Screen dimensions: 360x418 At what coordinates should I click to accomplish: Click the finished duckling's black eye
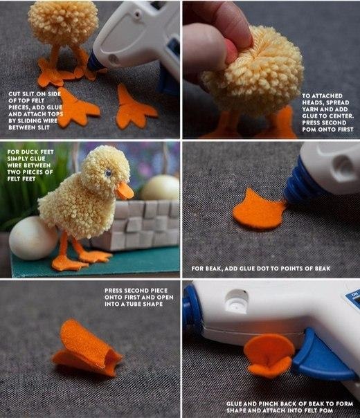pos(108,174)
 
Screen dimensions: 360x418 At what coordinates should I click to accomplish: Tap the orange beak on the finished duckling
pos(125,190)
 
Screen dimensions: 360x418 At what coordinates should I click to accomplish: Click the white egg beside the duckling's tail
pos(33,238)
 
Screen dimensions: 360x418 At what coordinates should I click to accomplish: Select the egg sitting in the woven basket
pos(161,188)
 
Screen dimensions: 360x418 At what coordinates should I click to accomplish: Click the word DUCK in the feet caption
pos(30,152)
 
